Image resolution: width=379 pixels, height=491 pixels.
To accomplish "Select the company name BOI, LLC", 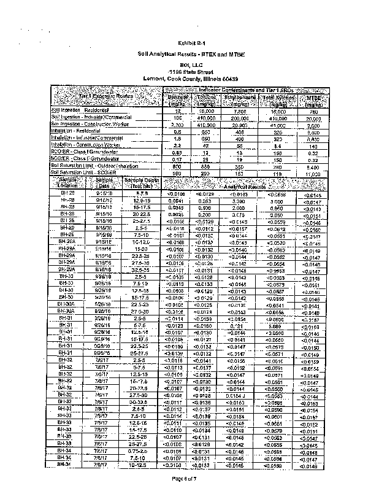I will [190, 63].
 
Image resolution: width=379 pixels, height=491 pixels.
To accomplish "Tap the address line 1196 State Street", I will [190, 71].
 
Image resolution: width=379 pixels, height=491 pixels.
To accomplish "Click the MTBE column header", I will [313, 100].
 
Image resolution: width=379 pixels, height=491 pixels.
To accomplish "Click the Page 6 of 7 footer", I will [190, 478].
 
